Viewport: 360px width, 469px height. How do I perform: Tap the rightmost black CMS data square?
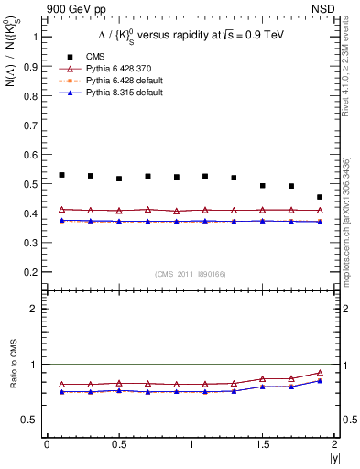320,197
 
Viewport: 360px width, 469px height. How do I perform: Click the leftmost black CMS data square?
61,175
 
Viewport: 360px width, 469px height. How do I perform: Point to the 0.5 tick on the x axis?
119,445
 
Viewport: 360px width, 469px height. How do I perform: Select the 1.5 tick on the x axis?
263,445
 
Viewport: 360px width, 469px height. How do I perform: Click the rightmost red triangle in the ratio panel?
320,373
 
